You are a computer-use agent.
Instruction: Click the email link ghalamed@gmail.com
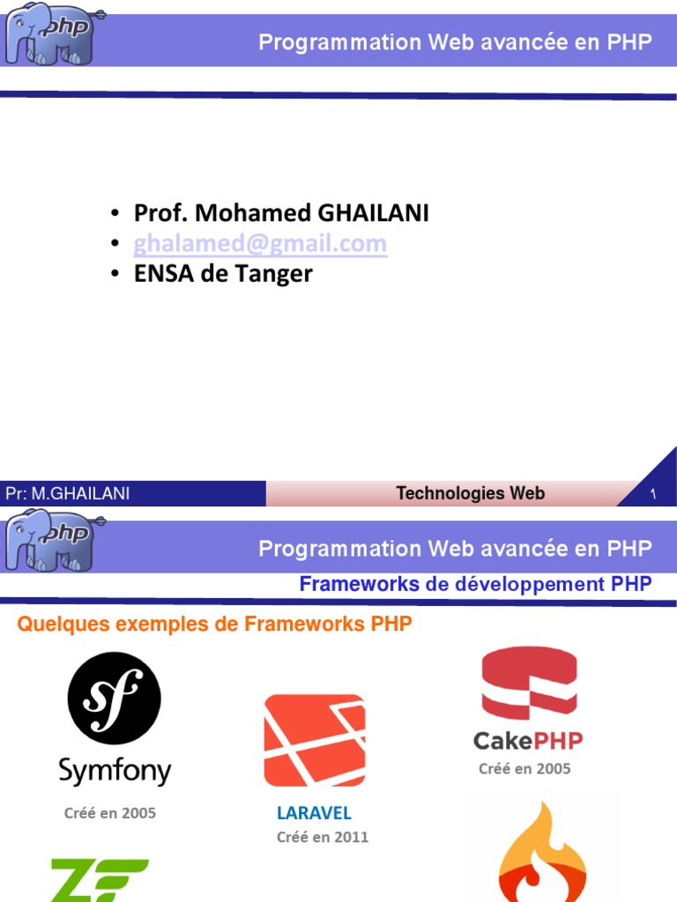click(260, 244)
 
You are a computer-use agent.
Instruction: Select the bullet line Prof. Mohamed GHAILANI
click(281, 213)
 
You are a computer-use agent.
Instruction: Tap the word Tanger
click(276, 274)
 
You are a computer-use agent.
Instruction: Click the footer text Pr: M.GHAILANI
click(68, 494)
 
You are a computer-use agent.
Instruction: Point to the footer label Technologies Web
click(470, 494)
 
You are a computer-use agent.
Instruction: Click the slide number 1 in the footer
click(653, 495)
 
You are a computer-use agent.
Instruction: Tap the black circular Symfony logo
click(114, 699)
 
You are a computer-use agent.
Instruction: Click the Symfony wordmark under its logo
click(115, 771)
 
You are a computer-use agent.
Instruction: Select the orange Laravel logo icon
click(315, 740)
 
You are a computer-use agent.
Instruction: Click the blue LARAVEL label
click(314, 812)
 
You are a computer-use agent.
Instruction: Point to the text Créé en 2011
click(323, 837)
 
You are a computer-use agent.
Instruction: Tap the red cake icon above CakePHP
click(529, 684)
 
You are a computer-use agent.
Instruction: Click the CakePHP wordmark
click(528, 740)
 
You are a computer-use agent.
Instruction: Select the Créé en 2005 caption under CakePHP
click(524, 769)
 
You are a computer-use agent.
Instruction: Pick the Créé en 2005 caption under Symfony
click(110, 813)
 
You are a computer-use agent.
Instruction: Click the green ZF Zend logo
click(99, 880)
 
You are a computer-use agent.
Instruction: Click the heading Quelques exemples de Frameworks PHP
click(215, 625)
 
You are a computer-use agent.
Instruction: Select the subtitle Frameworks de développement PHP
click(475, 584)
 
